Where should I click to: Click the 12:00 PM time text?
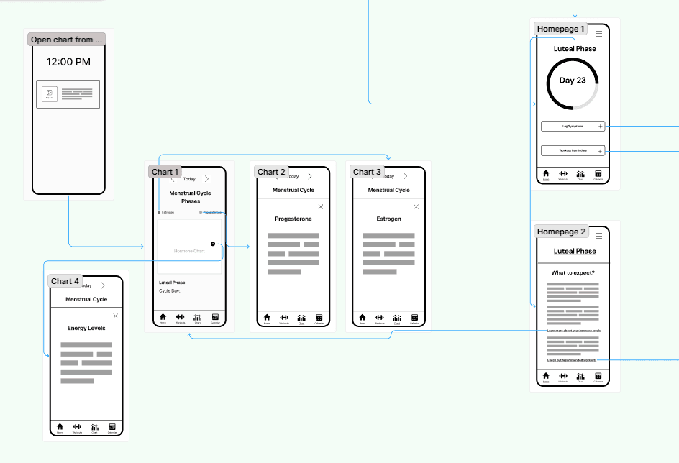(x=68, y=62)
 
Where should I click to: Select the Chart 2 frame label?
(x=272, y=172)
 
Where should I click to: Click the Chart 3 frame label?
(x=367, y=172)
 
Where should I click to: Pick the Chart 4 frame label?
(x=65, y=281)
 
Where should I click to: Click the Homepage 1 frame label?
(x=561, y=29)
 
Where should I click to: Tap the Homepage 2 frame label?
(x=561, y=232)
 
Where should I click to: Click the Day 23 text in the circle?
(x=573, y=81)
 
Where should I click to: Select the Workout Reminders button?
(x=573, y=151)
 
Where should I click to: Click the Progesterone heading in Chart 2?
(x=293, y=219)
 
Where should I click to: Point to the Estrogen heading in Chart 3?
(x=388, y=219)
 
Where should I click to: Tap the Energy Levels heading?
(x=86, y=328)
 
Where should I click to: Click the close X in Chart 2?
(x=321, y=207)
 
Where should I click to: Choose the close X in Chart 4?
(x=116, y=316)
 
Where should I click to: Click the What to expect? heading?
(x=573, y=273)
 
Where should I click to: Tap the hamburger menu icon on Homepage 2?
(x=599, y=236)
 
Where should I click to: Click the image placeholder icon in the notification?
(x=49, y=93)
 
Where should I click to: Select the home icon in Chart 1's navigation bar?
(x=163, y=317)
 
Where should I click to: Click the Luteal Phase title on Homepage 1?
(x=575, y=49)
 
